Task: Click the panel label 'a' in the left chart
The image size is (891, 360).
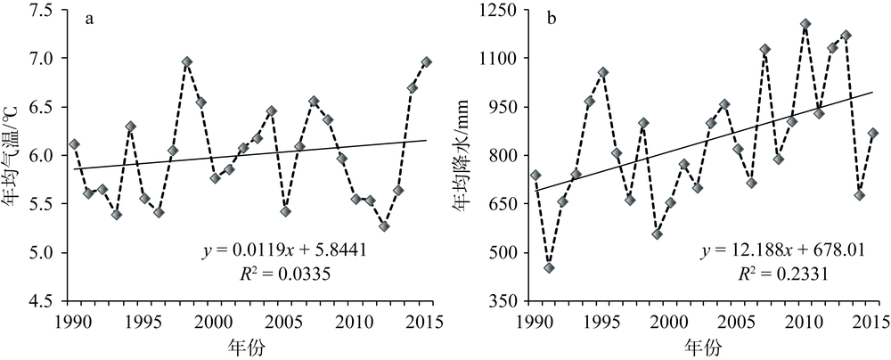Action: [x=90, y=19]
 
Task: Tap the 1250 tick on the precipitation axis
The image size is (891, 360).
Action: [x=502, y=10]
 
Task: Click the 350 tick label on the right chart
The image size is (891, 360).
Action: [x=507, y=302]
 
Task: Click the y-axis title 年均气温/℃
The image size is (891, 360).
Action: [x=16, y=156]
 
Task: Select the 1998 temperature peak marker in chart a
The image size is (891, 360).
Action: [x=187, y=61]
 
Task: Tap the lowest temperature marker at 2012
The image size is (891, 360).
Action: [x=384, y=226]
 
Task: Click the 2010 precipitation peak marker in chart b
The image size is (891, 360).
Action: [x=805, y=24]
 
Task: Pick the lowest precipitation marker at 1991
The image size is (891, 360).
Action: [x=550, y=267]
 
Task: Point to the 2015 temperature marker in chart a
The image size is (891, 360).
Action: [x=427, y=61]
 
